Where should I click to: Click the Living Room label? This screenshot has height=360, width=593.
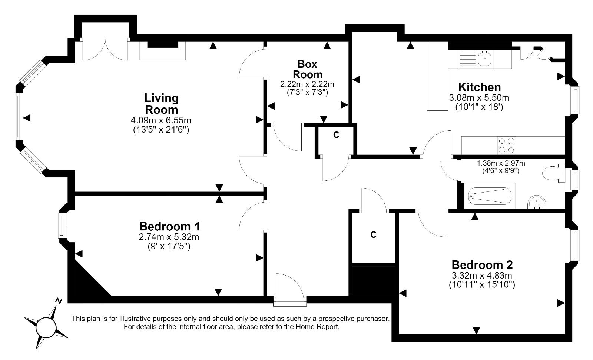coord(162,104)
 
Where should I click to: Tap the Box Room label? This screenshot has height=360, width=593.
coord(307,69)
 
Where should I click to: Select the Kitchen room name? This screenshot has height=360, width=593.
coord(480,87)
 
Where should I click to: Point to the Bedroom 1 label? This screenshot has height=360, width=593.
coord(169,226)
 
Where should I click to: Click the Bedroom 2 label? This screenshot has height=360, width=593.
coord(482,265)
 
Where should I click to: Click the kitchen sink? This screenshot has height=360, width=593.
coord(485,59)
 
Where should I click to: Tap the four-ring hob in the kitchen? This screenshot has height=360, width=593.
coord(506,146)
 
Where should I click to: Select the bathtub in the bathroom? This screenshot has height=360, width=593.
coord(490,196)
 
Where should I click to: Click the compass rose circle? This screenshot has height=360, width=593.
coord(46,327)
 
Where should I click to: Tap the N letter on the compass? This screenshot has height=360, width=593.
coord(59,300)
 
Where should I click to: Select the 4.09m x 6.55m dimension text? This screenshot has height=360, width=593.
coord(161,120)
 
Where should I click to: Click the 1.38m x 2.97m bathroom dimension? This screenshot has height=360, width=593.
coord(501,163)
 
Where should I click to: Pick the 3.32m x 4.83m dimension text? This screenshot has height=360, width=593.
coord(482,275)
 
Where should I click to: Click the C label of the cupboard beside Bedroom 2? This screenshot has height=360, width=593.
coord(374,234)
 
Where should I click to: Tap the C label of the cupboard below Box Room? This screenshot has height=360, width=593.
coord(336,135)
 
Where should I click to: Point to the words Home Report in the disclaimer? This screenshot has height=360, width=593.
coord(317,327)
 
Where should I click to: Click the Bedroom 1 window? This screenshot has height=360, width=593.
coord(62,225)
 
